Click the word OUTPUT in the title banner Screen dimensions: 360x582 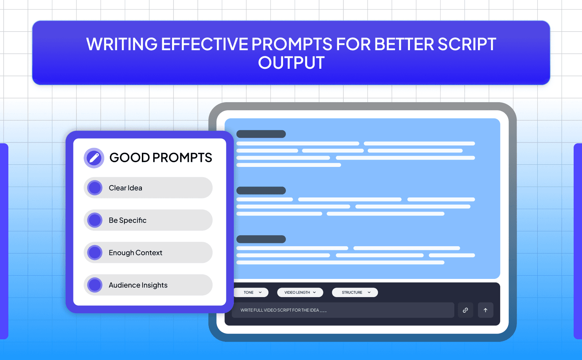pos(291,63)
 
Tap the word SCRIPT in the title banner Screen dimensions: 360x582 pos(467,44)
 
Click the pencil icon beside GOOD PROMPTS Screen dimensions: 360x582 pos(94,158)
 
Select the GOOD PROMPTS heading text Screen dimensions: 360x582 pos(160,157)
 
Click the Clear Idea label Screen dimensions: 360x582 pos(125,188)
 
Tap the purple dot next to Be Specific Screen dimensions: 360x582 pos(95,220)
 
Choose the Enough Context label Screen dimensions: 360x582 pos(135,253)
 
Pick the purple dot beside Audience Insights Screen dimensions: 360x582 pos(95,285)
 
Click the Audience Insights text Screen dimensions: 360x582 pos(138,285)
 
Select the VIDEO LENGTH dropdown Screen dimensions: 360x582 pos(300,292)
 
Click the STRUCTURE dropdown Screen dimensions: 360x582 pos(355,292)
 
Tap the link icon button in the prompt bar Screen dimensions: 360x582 pos(465,310)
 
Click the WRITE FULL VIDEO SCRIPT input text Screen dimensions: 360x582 pos(283,310)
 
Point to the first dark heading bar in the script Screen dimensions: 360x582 pos(261,134)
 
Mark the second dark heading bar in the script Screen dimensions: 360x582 pos(261,191)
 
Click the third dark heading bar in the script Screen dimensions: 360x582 pos(261,239)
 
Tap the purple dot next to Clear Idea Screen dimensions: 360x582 pos(95,188)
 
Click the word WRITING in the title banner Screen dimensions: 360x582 pos(122,44)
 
